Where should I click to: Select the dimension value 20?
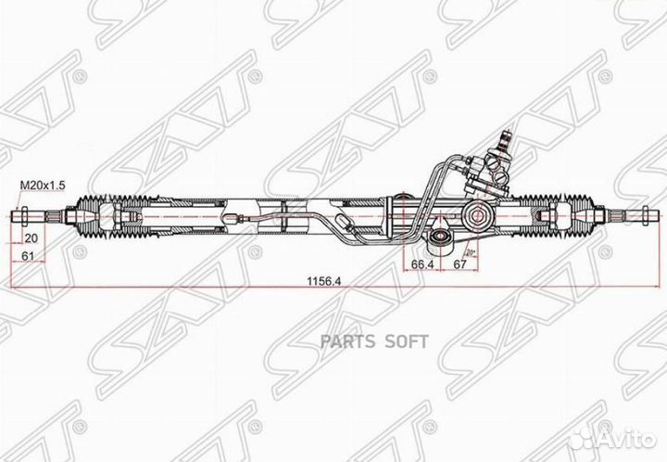point(31,237)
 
